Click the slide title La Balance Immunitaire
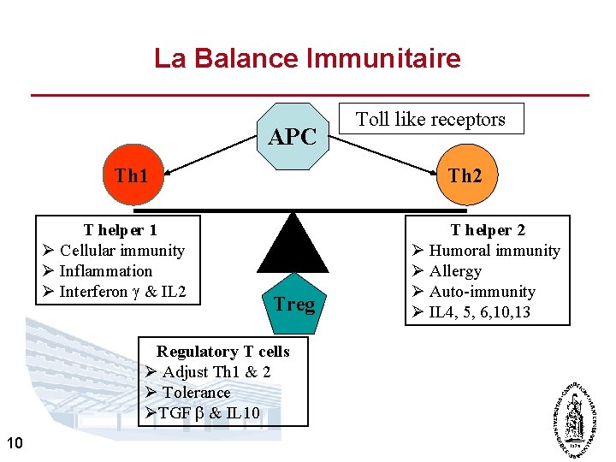pos(307,58)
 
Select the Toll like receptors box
pos(430,120)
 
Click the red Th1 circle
pos(132,175)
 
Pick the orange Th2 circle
pos(465,175)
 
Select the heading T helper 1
pos(120,229)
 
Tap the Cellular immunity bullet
pos(121,251)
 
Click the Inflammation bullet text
pos(105,271)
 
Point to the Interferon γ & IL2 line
pos(122,292)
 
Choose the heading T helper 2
pos(488,229)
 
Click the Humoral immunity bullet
pos(494,251)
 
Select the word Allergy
pos(455,271)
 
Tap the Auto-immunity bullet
pos(482,292)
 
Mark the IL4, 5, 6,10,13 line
pos(479,312)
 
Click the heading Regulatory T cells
pos(222,352)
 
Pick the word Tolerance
pos(196,393)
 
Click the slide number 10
pos(14,442)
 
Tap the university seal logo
pos(575,418)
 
